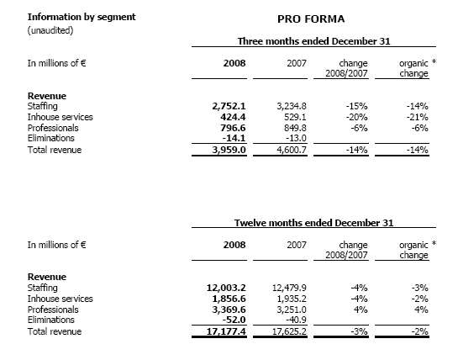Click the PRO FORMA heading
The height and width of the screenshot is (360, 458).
pos(311,19)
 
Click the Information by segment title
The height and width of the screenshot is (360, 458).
pos(82,18)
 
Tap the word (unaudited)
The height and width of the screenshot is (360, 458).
pos(50,30)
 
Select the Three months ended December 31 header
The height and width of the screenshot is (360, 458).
pos(313,41)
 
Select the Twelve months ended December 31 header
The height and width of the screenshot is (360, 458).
pos(313,223)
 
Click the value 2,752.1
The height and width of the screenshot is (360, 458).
pos(229,106)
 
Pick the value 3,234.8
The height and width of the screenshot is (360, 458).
pos(292,106)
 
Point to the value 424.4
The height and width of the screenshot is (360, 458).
pos(233,117)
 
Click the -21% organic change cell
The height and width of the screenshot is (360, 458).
pos(417,117)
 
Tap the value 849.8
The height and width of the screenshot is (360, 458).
pos(295,128)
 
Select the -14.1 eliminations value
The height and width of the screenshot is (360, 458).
pos(234,138)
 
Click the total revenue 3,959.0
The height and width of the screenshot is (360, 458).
pos(229,150)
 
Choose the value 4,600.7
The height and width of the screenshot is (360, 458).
pos(292,150)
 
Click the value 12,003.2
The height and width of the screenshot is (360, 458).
pos(226,288)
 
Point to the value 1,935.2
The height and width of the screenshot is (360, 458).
pos(292,299)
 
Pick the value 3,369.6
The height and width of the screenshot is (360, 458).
pos(229,310)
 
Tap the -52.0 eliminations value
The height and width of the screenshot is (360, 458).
pos(234,320)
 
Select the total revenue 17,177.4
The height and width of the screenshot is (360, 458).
pos(226,331)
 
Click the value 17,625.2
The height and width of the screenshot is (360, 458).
pos(289,331)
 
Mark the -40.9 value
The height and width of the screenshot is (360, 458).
pos(296,320)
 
